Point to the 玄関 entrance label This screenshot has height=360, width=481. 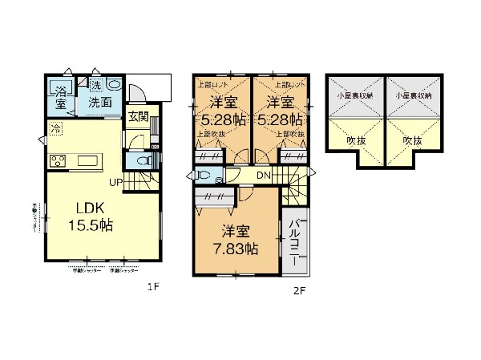(x=138, y=117)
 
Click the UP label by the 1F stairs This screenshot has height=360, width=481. (x=115, y=182)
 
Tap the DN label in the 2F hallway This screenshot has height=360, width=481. (x=264, y=176)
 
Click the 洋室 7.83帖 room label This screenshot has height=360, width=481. (x=236, y=240)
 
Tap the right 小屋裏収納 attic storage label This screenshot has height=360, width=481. (x=412, y=94)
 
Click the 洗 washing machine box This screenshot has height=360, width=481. (x=95, y=86)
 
